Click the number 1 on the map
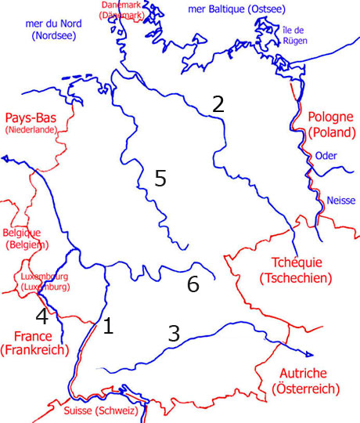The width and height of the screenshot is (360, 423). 108,326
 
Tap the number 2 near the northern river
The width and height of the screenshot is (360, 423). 218,104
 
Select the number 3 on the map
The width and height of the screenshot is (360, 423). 174,334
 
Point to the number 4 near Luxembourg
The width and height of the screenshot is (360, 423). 42,317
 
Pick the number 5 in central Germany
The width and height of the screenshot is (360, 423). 160,179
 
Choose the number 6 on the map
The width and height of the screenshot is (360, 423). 193,285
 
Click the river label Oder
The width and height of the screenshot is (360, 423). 326,156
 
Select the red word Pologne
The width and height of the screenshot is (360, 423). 331,117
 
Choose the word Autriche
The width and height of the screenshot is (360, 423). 301,374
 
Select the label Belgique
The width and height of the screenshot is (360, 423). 22,233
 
